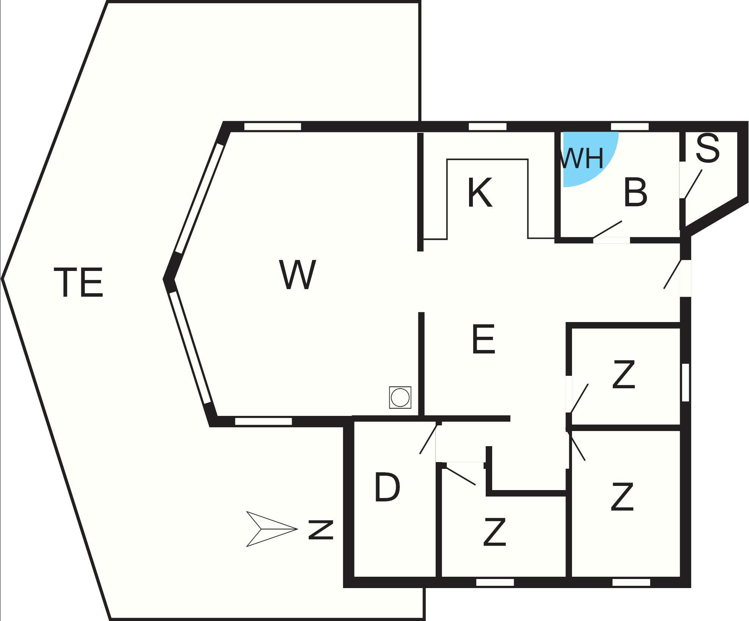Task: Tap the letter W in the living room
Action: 298,275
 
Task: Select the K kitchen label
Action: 480,192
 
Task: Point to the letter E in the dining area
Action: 484,339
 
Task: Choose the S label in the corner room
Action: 707,149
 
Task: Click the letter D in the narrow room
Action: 387,487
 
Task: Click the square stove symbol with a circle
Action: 400,397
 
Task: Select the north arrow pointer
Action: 272,529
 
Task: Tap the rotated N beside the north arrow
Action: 321,530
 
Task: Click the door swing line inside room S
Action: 693,184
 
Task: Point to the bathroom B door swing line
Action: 608,230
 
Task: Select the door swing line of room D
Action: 430,439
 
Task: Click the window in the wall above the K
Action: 488,126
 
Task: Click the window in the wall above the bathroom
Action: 630,126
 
